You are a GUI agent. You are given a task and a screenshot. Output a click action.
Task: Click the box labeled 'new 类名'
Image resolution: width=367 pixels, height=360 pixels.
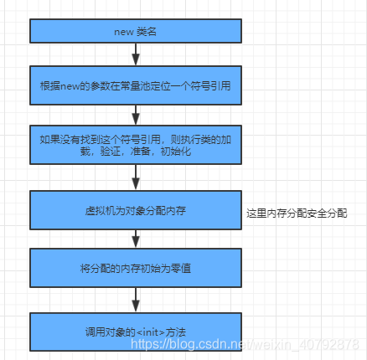(x=135, y=32)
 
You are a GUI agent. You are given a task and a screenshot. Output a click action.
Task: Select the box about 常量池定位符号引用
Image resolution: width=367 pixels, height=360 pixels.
(x=135, y=85)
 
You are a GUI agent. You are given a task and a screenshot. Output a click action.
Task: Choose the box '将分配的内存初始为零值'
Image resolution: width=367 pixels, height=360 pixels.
(x=135, y=268)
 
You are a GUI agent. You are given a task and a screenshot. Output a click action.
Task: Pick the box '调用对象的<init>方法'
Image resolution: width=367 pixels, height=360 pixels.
(x=135, y=332)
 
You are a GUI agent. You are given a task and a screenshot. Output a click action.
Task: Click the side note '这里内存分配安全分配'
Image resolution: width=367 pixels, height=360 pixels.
(x=296, y=214)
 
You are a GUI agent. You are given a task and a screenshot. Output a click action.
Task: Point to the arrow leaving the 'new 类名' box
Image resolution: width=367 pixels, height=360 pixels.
(x=135, y=54)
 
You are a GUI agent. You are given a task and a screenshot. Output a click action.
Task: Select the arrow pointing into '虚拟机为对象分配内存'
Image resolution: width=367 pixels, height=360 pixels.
(x=135, y=177)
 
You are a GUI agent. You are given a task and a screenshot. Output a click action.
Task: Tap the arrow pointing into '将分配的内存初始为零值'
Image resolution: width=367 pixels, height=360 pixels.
(x=135, y=238)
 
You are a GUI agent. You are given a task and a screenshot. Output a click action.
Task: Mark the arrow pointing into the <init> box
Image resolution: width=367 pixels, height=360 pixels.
(x=135, y=300)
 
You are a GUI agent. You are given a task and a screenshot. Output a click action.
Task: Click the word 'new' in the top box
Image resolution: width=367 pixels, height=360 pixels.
(x=123, y=32)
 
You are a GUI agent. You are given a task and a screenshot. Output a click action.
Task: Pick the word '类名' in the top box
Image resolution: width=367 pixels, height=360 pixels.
(x=146, y=32)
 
